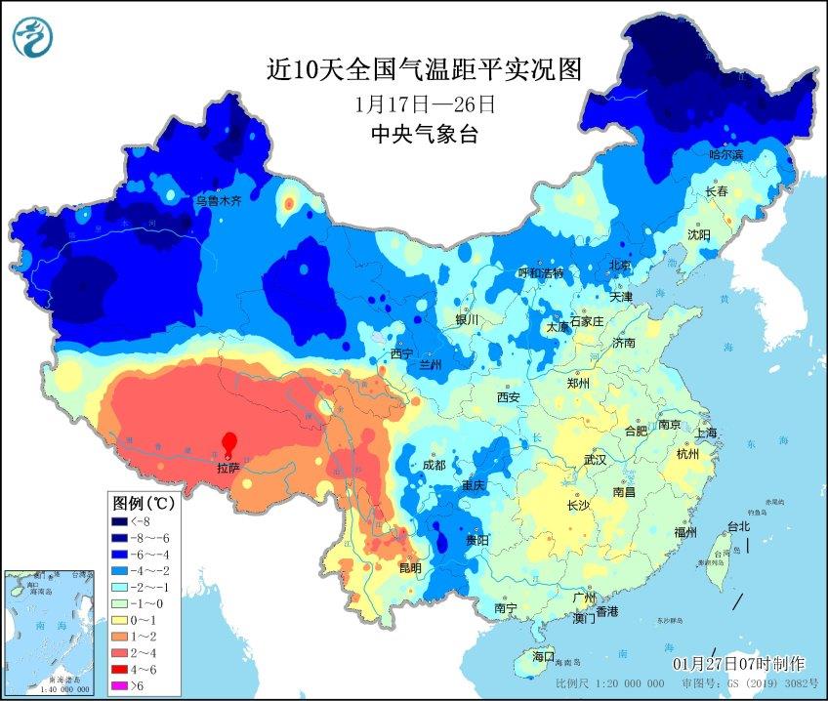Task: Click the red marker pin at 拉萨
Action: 229,443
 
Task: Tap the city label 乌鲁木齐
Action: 217,200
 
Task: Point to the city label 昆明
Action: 410,568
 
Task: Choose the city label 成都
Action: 434,466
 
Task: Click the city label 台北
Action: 737,527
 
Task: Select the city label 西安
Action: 509,397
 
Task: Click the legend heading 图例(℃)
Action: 143,504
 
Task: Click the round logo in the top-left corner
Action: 33,36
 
